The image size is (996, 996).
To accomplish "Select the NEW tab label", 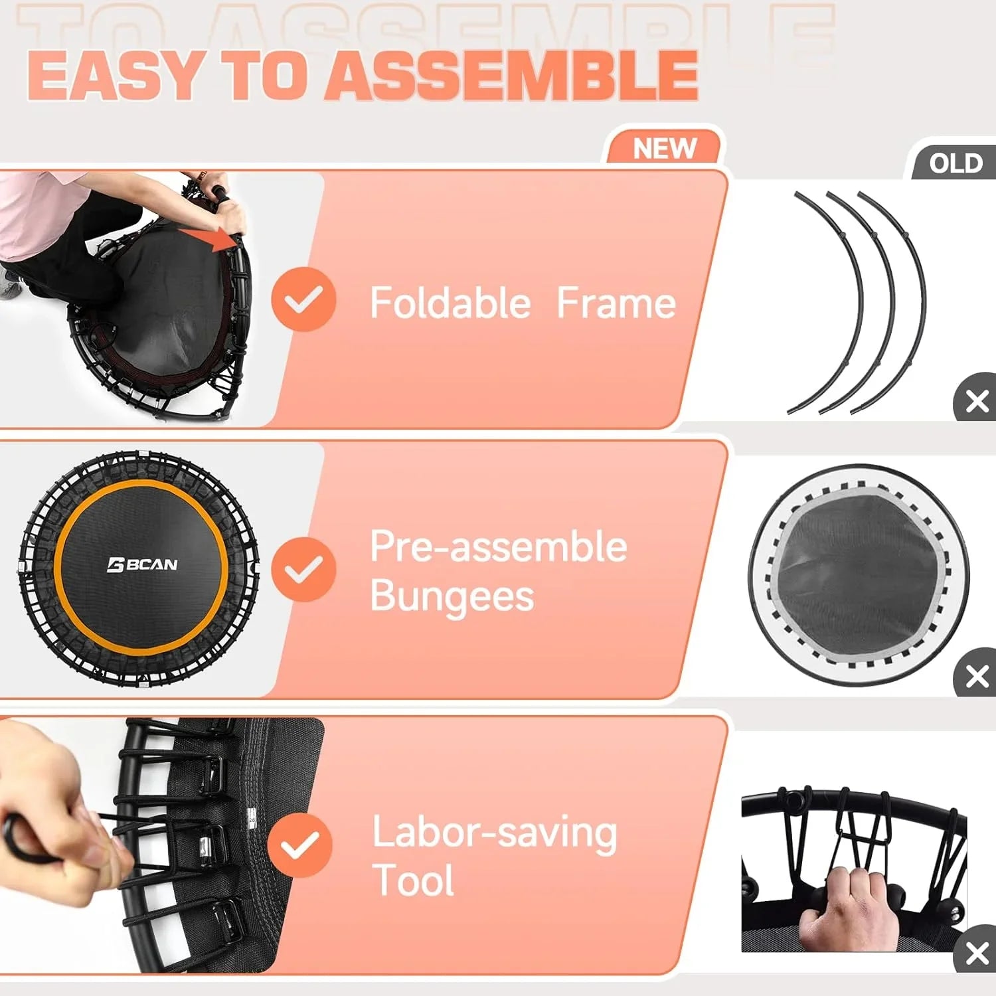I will [x=664, y=148].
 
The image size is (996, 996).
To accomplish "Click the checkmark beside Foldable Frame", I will [x=303, y=299].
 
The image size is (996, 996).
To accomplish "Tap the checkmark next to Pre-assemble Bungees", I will [x=303, y=569].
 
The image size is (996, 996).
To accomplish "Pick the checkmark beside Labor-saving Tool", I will [x=299, y=845].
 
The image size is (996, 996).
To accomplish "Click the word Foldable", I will [x=450, y=303].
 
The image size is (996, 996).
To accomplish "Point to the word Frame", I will [x=616, y=303].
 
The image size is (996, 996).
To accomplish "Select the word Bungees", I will [x=452, y=596].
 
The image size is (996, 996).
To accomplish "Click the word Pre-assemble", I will [x=498, y=546].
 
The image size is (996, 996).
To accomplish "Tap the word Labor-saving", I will [x=495, y=833].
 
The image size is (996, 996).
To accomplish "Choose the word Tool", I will [x=413, y=880].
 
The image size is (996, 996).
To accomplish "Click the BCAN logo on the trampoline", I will [x=142, y=565].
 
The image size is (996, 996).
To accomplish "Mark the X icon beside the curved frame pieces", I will [x=977, y=401].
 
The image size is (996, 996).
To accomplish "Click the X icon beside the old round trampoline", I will [x=977, y=677].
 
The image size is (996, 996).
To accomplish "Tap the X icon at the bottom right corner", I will [x=977, y=953].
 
